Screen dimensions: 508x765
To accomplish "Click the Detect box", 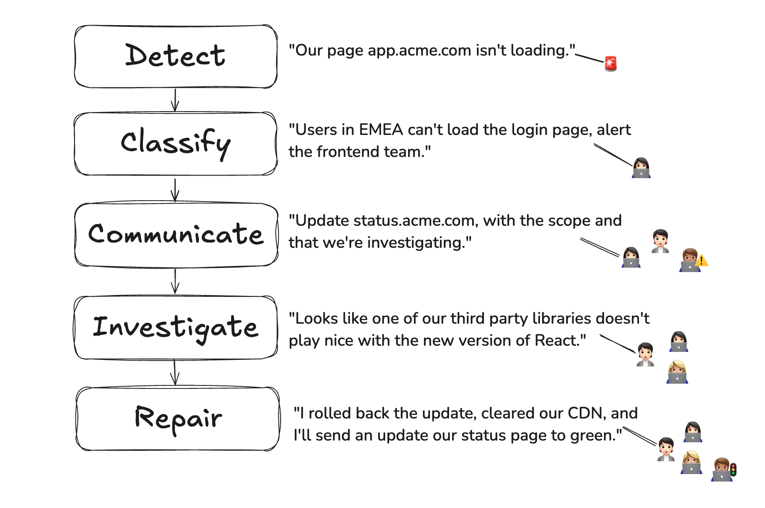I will point(176,56).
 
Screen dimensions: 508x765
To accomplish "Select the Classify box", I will point(176,144).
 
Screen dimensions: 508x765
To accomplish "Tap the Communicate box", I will point(176,235).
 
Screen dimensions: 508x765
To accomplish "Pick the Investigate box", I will point(176,327).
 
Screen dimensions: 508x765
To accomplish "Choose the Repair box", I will point(178,418).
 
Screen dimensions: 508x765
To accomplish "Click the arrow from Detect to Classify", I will point(175,100).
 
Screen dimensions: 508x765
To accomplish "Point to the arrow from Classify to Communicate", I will point(175,190).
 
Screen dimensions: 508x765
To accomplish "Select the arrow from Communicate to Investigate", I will point(175,281).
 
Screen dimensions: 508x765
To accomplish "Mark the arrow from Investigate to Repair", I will point(175,373).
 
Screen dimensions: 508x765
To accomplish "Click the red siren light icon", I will point(611,63).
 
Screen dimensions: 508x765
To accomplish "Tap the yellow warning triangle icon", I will point(701,261).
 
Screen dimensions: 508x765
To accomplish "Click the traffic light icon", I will point(733,469).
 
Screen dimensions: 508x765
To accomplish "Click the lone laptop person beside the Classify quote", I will point(641,168).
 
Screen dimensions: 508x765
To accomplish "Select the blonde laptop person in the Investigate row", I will point(677,372).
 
